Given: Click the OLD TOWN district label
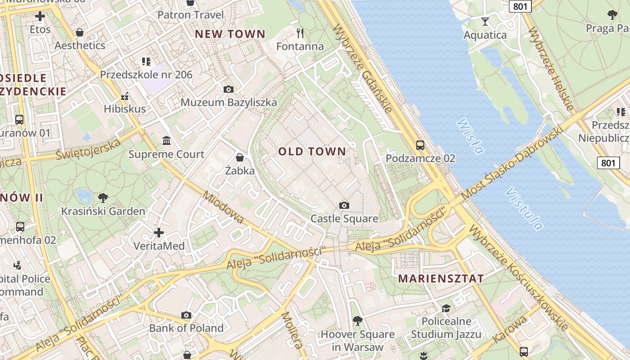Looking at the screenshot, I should pos(312,151).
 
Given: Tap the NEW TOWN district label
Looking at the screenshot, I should pos(230,34).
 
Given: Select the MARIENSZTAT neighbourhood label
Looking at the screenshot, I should pos(441,278).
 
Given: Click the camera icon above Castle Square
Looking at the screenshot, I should pos(344,206).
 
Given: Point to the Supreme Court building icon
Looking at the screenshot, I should pos(166,141).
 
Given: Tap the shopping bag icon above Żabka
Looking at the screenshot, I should pos(240,157).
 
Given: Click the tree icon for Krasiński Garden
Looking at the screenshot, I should pos(103,198).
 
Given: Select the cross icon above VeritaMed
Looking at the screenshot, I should pos(159,233).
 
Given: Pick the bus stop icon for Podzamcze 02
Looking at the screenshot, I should pos(420,145).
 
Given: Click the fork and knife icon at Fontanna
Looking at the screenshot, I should pos(300,33).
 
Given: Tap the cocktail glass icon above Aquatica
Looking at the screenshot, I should pos(485,22).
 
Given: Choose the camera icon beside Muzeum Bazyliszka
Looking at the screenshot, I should pos(229,89).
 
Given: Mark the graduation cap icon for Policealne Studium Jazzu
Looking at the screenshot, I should pos(446,308).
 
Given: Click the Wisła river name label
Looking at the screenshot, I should pos(470,136).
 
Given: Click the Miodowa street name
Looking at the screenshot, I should pos(223,207).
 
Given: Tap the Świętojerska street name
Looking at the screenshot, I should pos(89,149).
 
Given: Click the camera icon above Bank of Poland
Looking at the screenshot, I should pos(186,315).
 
